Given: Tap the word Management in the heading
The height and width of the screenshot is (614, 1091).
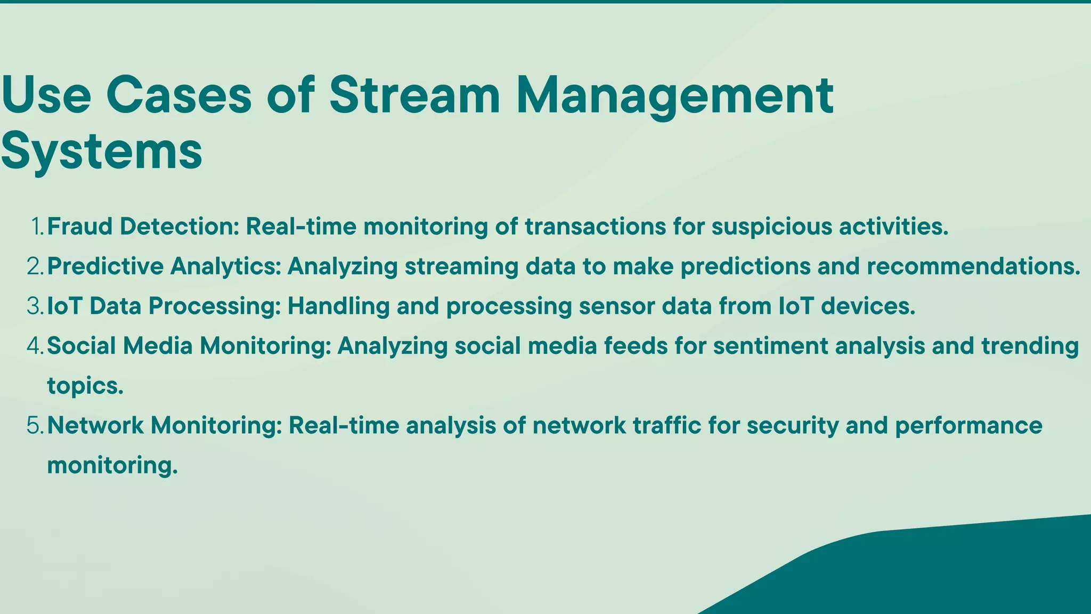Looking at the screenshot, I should pyautogui.click(x=674, y=96).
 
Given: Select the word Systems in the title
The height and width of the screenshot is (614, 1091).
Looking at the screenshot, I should pyautogui.click(x=101, y=151).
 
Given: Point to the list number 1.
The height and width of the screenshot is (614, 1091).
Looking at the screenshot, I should pyautogui.click(x=37, y=227).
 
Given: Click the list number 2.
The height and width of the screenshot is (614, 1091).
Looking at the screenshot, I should pyautogui.click(x=35, y=266).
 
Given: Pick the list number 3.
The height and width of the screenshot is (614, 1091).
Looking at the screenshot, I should pyautogui.click(x=35, y=306).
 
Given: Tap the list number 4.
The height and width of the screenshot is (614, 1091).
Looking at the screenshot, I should pyautogui.click(x=35, y=346).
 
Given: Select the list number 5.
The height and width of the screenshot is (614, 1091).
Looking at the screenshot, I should pyautogui.click(x=35, y=425).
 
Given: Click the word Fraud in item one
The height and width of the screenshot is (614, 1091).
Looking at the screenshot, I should pyautogui.click(x=80, y=227).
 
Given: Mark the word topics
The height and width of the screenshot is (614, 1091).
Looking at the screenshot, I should pyautogui.click(x=85, y=386).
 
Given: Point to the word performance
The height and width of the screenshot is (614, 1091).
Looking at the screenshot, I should pyautogui.click(x=968, y=425).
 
